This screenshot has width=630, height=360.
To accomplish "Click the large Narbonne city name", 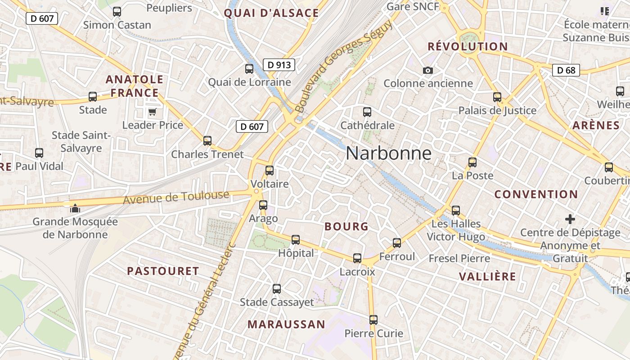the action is pyautogui.click(x=388, y=154).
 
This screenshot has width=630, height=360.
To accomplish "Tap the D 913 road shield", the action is pyautogui.click(x=279, y=65).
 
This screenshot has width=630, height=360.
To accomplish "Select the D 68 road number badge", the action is pyautogui.click(x=566, y=70).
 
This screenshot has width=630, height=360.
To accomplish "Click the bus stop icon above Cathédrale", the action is pyautogui.click(x=367, y=112).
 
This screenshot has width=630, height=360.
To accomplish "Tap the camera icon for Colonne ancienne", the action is pyautogui.click(x=428, y=70).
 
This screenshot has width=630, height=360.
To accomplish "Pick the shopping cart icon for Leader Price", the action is pyautogui.click(x=152, y=112).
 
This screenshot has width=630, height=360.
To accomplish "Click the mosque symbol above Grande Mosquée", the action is pyautogui.click(x=75, y=208).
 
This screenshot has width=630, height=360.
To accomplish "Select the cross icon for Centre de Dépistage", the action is pyautogui.click(x=570, y=219).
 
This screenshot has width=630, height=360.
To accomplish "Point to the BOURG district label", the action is pyautogui.click(x=346, y=227).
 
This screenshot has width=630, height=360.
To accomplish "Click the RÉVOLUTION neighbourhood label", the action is pyautogui.click(x=468, y=46).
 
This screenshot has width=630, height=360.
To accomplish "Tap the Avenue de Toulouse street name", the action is pyautogui.click(x=176, y=198).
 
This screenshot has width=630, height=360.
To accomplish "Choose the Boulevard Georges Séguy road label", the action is pyautogui.click(x=344, y=66).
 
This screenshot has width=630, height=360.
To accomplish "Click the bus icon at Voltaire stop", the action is pyautogui.click(x=270, y=171).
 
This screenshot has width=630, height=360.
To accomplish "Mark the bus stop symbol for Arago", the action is pyautogui.click(x=263, y=205).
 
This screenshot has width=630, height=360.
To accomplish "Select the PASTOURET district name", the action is pyautogui.click(x=163, y=271).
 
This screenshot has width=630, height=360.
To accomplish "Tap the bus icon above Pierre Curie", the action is pyautogui.click(x=373, y=320).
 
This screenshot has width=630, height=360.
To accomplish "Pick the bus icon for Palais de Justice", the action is pyautogui.click(x=497, y=97).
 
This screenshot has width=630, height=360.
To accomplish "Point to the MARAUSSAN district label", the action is pyautogui.click(x=286, y=324).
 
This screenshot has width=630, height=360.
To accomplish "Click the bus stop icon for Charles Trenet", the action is pyautogui.click(x=207, y=141).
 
